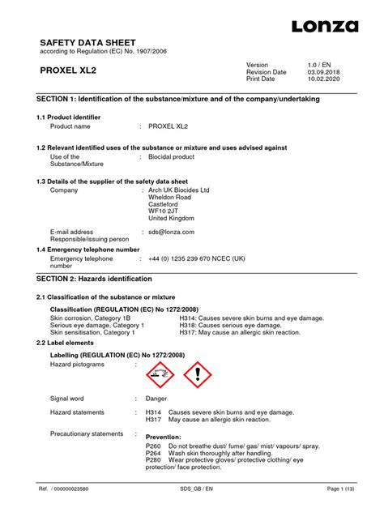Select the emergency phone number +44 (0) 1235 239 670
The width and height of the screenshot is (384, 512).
coord(196,258)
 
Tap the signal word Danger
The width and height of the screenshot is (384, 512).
coord(156,399)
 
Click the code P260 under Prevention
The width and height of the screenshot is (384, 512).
coord(153,446)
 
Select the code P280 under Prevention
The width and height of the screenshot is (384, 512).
coord(153,460)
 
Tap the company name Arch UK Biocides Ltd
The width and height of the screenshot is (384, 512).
coord(178,190)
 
